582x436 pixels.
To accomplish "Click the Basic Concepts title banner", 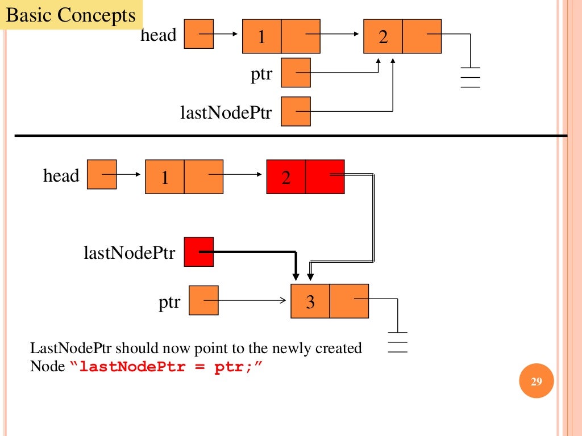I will click(x=72, y=15).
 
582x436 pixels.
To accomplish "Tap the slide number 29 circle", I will click(x=537, y=381).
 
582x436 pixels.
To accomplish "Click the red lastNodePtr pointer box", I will click(x=198, y=251).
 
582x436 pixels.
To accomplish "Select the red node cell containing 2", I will click(x=286, y=177).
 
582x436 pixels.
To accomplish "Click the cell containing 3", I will click(x=310, y=301).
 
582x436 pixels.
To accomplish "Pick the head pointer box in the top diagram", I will click(x=199, y=34).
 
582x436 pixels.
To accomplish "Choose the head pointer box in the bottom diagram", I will click(x=102, y=174).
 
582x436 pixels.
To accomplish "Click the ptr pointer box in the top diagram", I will click(x=296, y=73).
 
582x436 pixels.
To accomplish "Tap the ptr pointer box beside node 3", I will click(x=203, y=300).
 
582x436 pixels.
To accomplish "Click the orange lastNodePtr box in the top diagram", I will click(x=296, y=111).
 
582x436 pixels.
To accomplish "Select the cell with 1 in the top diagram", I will click(x=262, y=37).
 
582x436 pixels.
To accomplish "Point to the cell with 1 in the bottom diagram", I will click(x=165, y=177).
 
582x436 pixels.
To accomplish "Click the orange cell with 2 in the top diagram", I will click(x=383, y=37).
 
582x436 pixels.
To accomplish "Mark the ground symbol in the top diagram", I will click(x=470, y=77).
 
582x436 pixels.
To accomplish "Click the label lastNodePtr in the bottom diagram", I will click(x=130, y=253).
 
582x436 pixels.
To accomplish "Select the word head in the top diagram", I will click(x=159, y=35).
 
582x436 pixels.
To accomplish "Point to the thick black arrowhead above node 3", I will click(x=296, y=274).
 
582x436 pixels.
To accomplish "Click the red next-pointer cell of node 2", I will click(x=325, y=177).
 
